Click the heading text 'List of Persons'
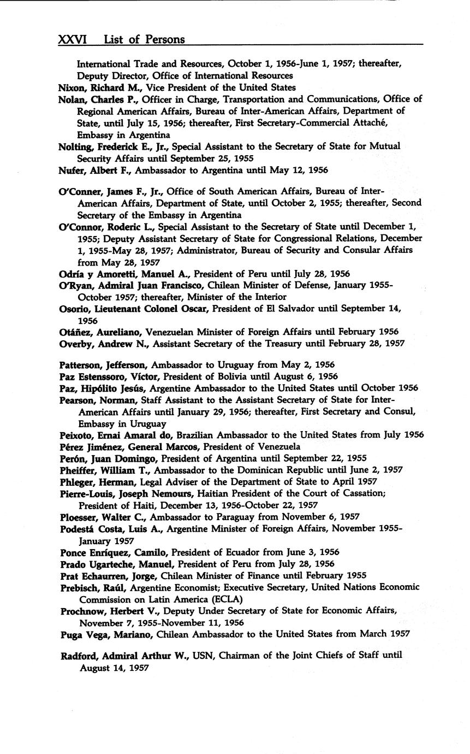(x=144, y=39)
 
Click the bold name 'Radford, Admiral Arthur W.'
(x=124, y=655)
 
